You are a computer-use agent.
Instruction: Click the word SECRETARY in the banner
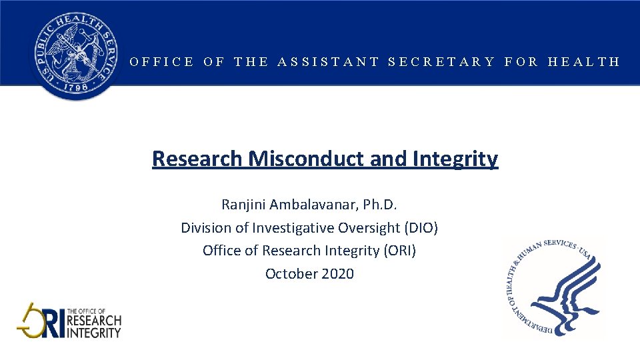point(441,62)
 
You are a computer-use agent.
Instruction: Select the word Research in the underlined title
point(197,159)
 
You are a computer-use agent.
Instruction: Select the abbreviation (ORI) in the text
point(396,251)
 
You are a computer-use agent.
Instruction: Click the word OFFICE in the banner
point(162,62)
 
